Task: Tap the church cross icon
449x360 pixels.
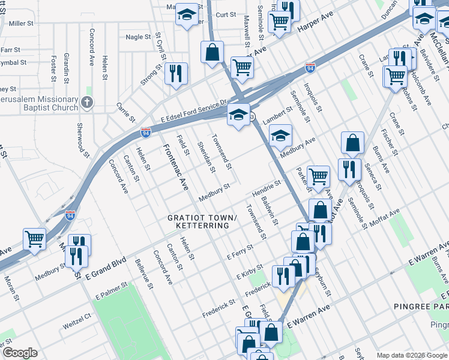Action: click(88, 103)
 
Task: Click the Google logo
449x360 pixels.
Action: click(20, 353)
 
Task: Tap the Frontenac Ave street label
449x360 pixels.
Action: click(176, 168)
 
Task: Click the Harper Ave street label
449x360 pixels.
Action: click(315, 26)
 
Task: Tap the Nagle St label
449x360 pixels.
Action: click(138, 37)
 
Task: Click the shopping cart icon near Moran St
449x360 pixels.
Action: click(35, 239)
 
